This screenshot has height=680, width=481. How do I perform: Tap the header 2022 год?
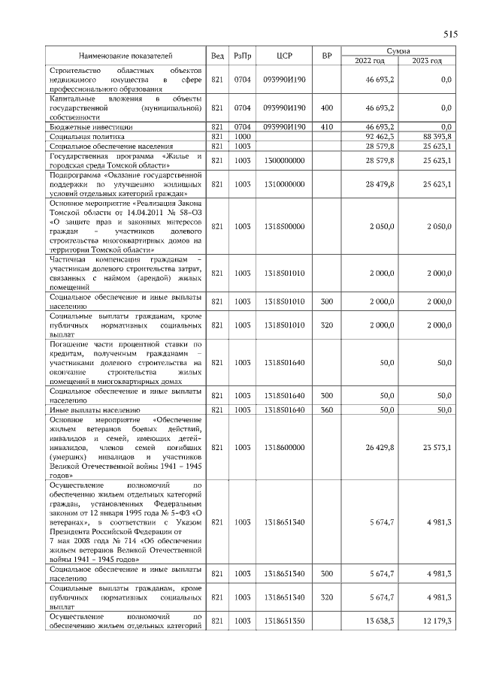tap(369, 60)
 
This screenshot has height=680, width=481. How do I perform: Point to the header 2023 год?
tap(428, 60)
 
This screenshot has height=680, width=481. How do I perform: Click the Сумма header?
tap(398, 50)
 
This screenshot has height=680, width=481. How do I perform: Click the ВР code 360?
tap(326, 410)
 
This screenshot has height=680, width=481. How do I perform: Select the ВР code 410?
tap(326, 127)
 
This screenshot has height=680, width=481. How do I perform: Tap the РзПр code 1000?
tap(242, 137)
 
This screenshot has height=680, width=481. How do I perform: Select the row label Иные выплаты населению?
tap(95, 410)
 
